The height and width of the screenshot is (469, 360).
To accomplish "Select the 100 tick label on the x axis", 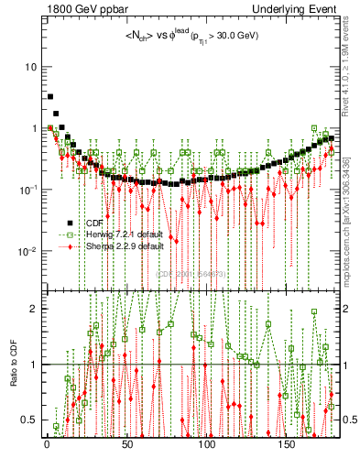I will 207,444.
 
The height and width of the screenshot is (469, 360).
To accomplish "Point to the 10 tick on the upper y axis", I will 31,67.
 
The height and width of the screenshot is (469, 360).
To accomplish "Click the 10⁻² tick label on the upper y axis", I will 27,251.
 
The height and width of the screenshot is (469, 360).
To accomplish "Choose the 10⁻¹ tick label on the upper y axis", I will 27,190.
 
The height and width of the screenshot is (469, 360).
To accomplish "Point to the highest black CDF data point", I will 50,96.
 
